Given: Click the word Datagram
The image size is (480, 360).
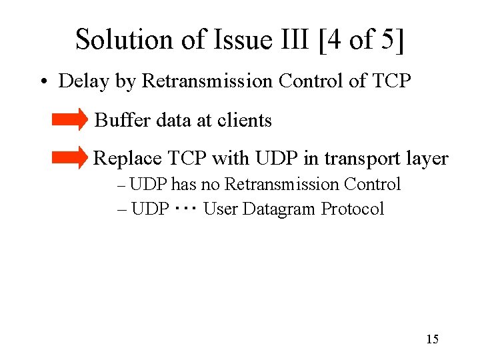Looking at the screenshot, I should click(x=280, y=209).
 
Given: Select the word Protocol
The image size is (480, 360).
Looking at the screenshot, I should click(x=353, y=209).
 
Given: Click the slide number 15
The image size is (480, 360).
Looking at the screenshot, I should click(x=432, y=340).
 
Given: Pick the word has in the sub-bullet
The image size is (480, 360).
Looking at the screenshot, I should click(x=183, y=185).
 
